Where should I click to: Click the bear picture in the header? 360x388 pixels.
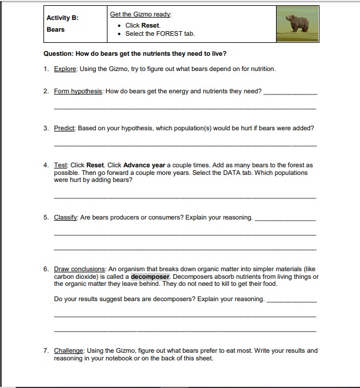pos(297,24)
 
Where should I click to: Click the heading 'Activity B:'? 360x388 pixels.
pos(62,18)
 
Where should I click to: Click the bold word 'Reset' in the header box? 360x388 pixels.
pos(151,25)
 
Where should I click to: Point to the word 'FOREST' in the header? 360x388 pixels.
pos(169,33)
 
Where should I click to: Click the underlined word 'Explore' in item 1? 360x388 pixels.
pos(66,69)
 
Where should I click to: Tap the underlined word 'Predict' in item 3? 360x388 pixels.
pos(64,128)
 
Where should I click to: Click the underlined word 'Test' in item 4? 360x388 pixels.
pos(60,166)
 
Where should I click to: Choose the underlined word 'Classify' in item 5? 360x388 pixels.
pos(66,217)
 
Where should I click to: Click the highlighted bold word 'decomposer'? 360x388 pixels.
pos(150,276)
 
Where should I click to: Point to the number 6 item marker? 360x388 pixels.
pos(46,269)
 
